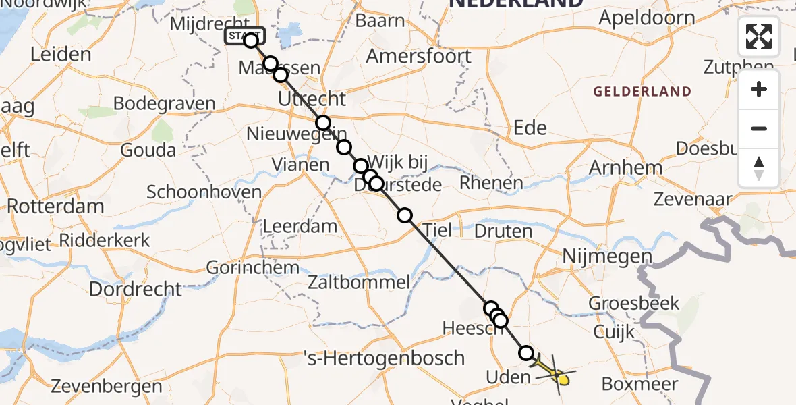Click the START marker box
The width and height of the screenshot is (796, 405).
pos(244,36)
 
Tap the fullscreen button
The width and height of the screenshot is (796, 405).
pos(759,36)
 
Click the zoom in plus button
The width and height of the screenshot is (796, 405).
pos(759,89)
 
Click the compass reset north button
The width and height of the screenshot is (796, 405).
pos(759,168)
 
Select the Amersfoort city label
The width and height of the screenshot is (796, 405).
pos(418,56)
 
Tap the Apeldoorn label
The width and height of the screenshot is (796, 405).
pos(647,18)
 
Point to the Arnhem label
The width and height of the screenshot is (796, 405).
pos(625,167)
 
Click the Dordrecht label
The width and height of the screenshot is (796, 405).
pos(136,289)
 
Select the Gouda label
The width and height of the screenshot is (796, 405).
pos(148,150)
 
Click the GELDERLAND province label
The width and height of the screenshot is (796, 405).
pos(642,92)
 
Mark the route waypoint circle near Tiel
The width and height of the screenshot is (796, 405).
pos(405,215)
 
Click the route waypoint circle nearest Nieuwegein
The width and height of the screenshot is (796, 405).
pos(324,123)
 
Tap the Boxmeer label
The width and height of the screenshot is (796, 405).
pos(639,383)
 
